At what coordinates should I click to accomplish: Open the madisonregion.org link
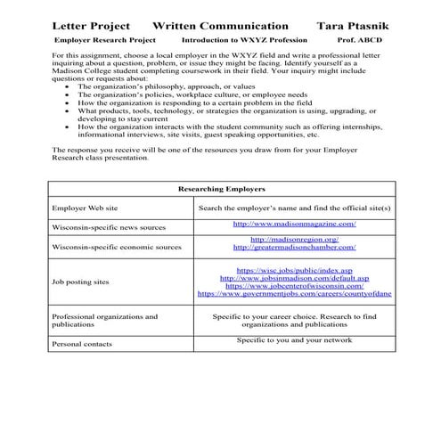(x=294, y=239)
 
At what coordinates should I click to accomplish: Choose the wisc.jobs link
(x=294, y=269)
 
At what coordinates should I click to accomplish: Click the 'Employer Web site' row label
(x=84, y=208)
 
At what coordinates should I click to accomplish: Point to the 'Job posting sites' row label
(x=81, y=282)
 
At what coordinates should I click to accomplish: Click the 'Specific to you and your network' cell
(x=294, y=339)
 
